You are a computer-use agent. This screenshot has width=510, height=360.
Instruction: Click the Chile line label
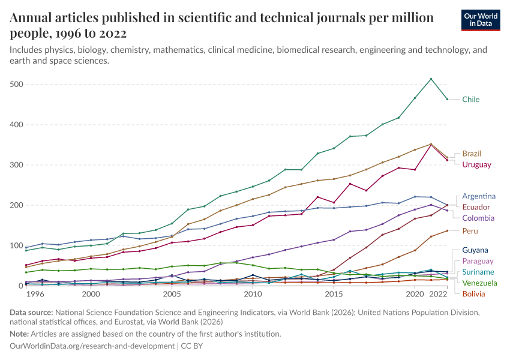click(470, 100)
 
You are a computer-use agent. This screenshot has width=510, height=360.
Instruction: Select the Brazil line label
click(471, 154)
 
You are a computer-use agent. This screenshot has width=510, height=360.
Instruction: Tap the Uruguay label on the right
click(476, 164)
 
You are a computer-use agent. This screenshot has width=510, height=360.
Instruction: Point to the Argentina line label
click(479, 196)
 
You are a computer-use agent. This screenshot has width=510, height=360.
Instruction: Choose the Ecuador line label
click(476, 207)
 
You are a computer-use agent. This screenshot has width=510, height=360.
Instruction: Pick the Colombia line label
click(478, 218)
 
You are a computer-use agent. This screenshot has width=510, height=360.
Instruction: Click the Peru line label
click(470, 231)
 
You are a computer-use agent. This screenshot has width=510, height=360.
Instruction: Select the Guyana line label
click(475, 250)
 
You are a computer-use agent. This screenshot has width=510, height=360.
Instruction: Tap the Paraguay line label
click(478, 261)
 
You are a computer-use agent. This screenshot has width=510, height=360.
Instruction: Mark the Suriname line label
click(478, 272)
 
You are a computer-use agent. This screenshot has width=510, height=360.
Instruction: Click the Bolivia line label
click(474, 293)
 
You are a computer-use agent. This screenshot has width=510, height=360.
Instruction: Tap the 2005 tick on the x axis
click(172, 295)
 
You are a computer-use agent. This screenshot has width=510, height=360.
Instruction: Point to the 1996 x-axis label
click(35, 295)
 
